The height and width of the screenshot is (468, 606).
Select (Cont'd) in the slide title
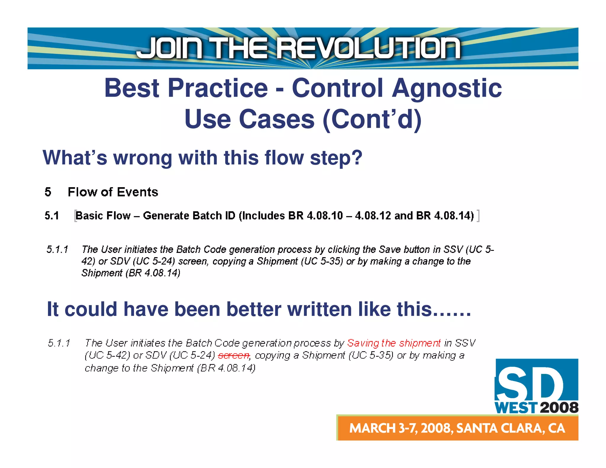372,119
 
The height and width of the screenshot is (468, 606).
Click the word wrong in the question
143,157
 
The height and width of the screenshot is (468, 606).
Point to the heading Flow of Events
113,192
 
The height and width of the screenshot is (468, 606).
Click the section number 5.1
52,216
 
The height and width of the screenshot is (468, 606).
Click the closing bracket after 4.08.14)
478,216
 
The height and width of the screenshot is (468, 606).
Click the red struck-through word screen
234,355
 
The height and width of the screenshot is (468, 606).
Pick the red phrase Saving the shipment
394,343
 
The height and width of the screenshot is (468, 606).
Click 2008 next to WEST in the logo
559,408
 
